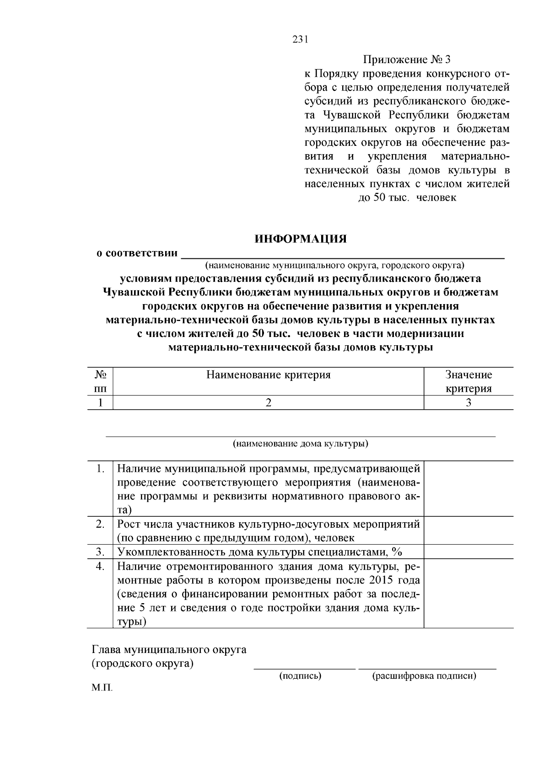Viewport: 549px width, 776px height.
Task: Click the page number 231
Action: pyautogui.click(x=300, y=39)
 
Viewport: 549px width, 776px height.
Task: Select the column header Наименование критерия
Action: pyautogui.click(x=268, y=375)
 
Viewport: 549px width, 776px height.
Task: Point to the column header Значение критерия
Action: pyautogui.click(x=468, y=382)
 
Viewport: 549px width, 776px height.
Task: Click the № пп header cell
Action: pyautogui.click(x=100, y=382)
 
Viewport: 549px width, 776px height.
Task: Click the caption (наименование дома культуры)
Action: pyautogui.click(x=301, y=444)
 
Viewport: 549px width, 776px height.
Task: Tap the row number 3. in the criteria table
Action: pyautogui.click(x=101, y=552)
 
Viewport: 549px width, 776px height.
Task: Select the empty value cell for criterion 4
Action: pyautogui.click(x=468, y=594)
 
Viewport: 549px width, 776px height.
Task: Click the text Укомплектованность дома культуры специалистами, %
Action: pyautogui.click(x=259, y=552)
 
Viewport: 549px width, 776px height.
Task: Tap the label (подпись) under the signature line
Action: pyautogui.click(x=300, y=676)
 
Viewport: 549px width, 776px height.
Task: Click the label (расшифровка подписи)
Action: pyautogui.click(x=424, y=676)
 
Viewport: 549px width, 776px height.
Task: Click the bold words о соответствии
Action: pyautogui.click(x=137, y=253)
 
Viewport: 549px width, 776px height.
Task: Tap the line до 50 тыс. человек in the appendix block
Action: pyautogui.click(x=407, y=198)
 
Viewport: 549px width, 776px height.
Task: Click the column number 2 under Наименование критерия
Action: pyautogui.click(x=268, y=402)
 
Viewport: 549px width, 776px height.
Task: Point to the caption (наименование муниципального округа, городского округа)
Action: pyautogui.click(x=334, y=265)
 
